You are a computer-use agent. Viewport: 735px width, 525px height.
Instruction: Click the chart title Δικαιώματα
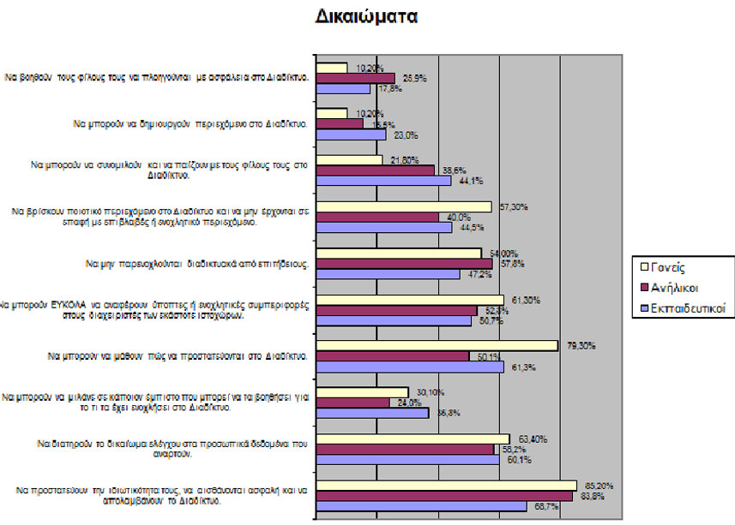(x=366, y=16)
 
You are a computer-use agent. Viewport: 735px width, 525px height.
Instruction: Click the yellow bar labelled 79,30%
(x=437, y=346)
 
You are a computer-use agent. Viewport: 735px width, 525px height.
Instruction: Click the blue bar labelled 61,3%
(x=410, y=367)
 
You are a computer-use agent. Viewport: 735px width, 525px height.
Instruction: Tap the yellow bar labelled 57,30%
(x=404, y=206)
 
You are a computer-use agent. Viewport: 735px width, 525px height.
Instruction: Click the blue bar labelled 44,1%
(x=383, y=181)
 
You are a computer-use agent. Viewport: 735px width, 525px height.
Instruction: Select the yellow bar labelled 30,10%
(x=363, y=392)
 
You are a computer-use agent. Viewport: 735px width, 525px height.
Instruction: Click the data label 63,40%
(x=527, y=438)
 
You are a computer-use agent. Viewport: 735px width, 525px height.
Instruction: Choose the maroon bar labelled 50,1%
(x=393, y=356)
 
